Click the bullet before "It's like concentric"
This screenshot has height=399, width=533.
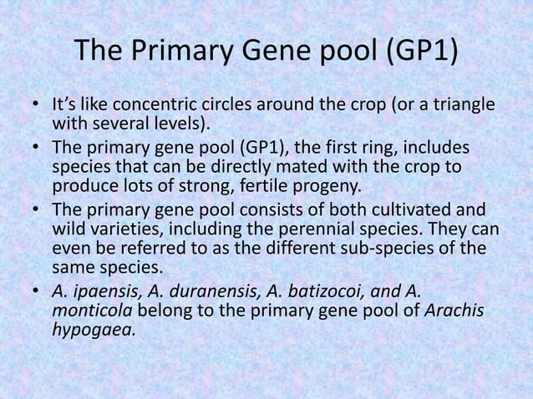click(36, 107)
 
